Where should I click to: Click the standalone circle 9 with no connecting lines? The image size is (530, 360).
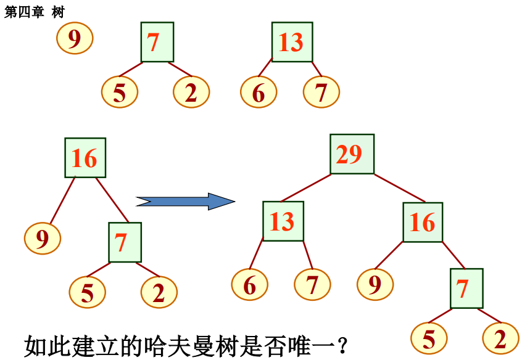click(75, 38)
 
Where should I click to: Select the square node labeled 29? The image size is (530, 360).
click(352, 154)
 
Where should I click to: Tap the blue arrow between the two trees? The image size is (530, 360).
click(185, 201)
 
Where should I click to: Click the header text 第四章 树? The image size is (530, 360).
click(34, 12)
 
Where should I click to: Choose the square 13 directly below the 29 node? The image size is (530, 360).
click(283, 221)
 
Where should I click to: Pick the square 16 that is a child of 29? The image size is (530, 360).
click(423, 222)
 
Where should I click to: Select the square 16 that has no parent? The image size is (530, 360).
click(85, 158)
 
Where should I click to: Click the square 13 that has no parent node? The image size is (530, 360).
click(292, 42)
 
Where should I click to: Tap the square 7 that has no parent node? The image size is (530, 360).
click(157, 42)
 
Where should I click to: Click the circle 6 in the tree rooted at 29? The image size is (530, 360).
click(249, 285)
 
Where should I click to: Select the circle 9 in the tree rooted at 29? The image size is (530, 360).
click(375, 285)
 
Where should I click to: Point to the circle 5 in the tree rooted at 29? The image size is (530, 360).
click(429, 339)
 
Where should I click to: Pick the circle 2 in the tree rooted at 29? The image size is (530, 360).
click(500, 339)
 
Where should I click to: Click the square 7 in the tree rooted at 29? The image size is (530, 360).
click(466, 288)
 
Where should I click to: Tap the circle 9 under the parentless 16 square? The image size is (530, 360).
click(43, 239)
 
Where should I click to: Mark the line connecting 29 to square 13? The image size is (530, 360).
click(305, 188)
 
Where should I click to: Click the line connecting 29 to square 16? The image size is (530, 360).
click(399, 188)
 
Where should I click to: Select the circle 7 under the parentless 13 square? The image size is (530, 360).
click(321, 92)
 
